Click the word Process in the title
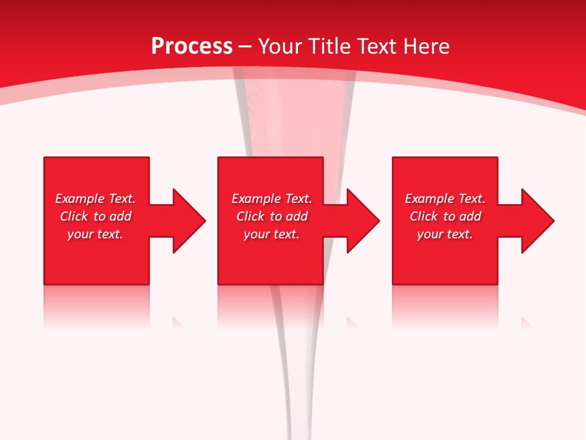pos(192,46)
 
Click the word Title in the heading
pos(329,46)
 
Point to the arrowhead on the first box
pos(189,221)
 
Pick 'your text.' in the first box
pos(95,234)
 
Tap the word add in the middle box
pos(297,216)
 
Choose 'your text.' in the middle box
pos(272,234)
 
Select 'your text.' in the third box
pos(445,234)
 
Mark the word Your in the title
pos(281,46)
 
